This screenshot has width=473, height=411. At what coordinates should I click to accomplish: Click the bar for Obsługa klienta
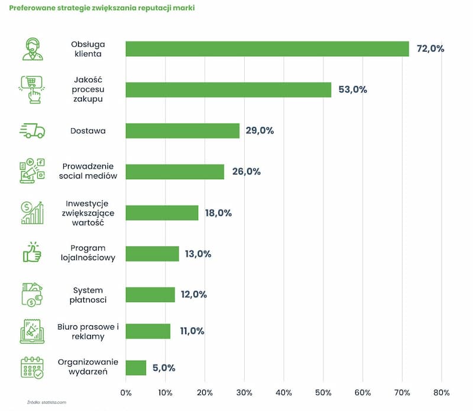tap(267, 49)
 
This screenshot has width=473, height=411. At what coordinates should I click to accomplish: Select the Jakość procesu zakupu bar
tap(228, 90)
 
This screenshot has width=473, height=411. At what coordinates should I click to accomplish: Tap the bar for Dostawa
tap(183, 131)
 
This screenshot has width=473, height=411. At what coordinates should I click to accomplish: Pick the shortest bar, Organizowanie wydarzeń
tap(136, 368)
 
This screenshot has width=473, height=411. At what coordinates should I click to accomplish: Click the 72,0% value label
tap(430, 48)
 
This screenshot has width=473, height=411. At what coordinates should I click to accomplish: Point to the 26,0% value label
tap(246, 171)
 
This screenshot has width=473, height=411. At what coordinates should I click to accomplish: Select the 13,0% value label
tap(198, 254)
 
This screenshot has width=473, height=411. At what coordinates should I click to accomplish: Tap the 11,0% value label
tap(192, 331)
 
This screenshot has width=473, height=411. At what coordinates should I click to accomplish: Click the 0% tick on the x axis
tap(126, 393)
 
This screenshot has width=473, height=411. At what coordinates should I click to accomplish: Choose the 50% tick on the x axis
tap(323, 393)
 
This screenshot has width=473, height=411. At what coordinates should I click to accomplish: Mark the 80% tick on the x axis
tap(441, 393)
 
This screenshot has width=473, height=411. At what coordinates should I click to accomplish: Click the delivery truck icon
tap(33, 131)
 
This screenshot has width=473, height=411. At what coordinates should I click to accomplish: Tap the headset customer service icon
tap(33, 49)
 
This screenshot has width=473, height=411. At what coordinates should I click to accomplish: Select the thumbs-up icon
tap(32, 252)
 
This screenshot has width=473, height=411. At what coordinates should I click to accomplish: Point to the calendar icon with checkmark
tap(33, 368)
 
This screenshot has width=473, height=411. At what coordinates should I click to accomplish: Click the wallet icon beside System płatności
tap(32, 295)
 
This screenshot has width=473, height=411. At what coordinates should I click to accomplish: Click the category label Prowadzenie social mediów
tap(88, 171)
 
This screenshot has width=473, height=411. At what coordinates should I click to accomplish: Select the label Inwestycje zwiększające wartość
tap(88, 213)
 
